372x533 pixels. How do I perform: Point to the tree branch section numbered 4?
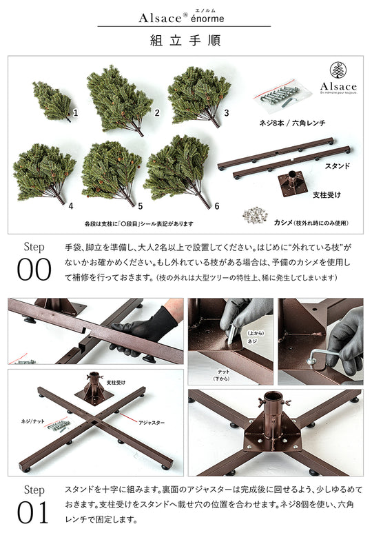pyautogui.click(x=43, y=172)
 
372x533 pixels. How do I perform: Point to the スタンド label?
pyautogui.click(x=337, y=166)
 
